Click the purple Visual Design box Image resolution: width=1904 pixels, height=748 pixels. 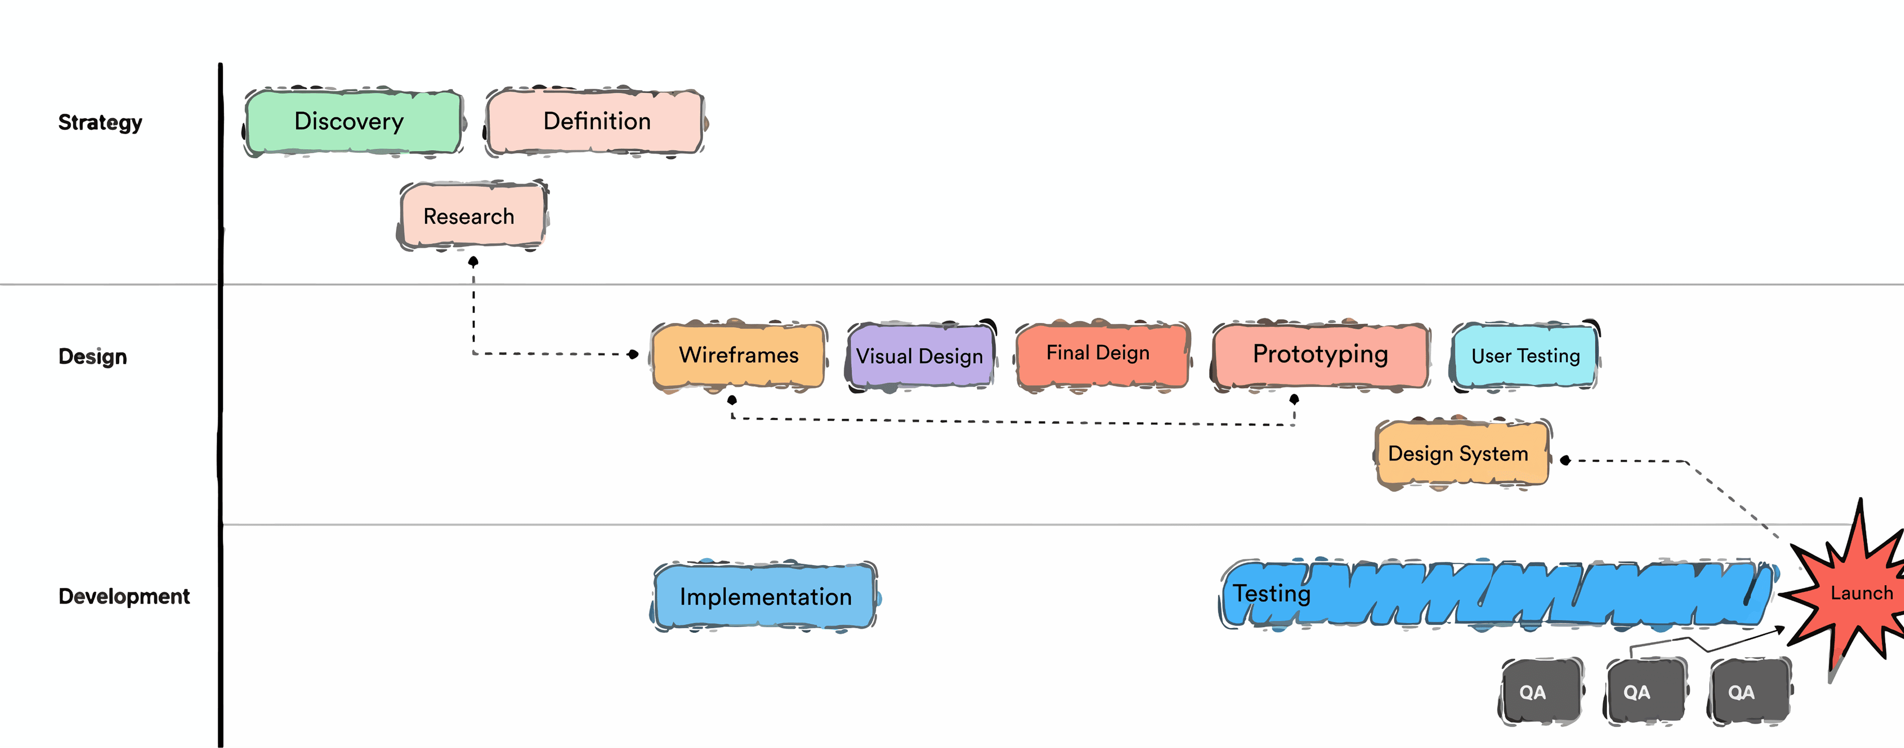920,356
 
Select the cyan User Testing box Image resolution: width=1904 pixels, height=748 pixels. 1525,356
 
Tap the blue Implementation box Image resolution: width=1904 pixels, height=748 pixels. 765,596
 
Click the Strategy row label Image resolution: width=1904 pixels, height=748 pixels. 101,122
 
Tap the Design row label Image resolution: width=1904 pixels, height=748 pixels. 93,356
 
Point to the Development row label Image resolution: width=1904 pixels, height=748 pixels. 124,596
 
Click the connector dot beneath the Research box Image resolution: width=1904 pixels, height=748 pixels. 473,261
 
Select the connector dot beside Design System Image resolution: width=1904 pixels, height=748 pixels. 1565,460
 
